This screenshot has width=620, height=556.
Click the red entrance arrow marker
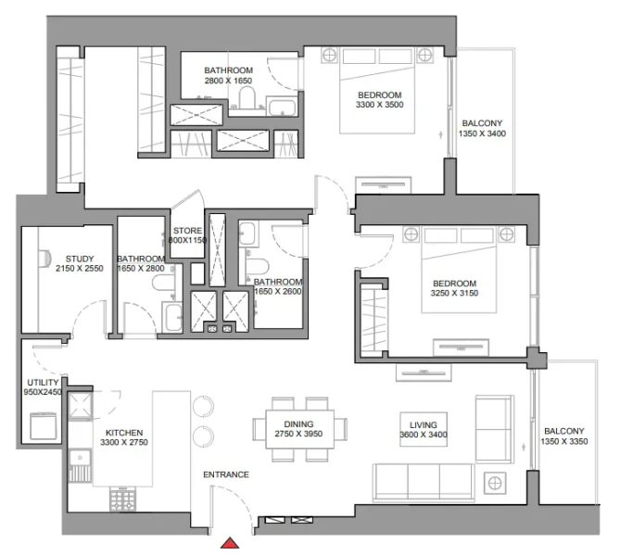(x=235, y=545)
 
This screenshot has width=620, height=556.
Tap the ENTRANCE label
(x=226, y=475)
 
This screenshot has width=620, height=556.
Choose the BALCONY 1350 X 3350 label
(x=564, y=437)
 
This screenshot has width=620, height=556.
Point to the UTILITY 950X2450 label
(x=43, y=387)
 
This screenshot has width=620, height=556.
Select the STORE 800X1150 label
(x=187, y=235)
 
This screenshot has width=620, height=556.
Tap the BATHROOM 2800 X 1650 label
(x=229, y=76)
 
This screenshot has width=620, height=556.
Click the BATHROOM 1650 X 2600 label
(x=278, y=287)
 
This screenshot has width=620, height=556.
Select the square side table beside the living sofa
(x=496, y=483)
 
